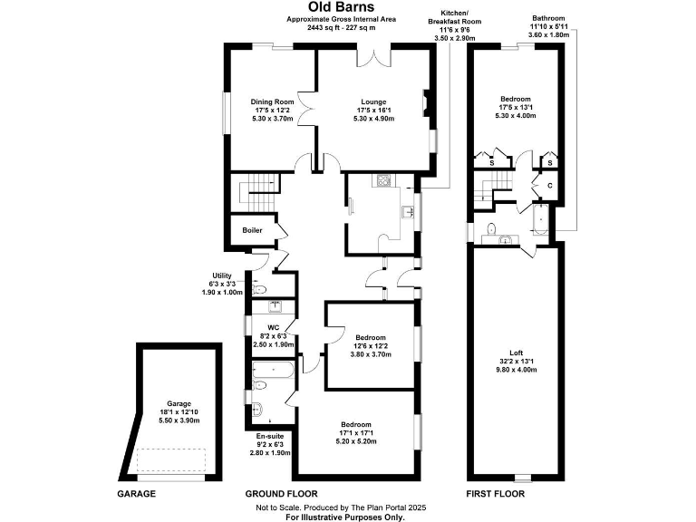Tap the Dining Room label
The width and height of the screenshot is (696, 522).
coord(273,110)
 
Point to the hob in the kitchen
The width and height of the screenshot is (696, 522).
coord(382,179)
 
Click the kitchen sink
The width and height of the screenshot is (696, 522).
coord(409,213)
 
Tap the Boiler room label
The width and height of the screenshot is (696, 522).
coord(252,230)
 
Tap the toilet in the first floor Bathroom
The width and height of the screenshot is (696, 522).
coord(490,227)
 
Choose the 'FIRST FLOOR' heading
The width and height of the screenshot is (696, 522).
coord(495,494)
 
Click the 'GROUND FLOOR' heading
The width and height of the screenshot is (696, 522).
coord(281,494)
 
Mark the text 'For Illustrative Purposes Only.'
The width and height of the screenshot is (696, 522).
coord(343,517)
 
